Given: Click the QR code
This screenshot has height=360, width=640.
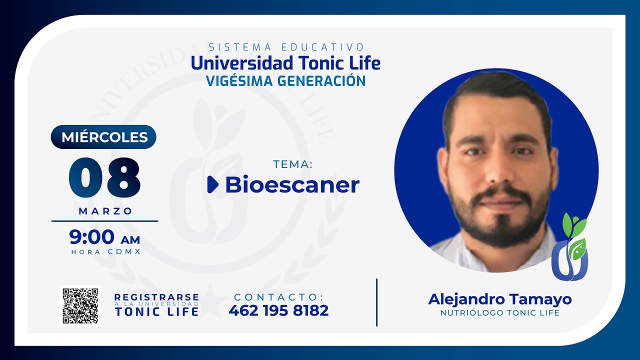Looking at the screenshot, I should pyautogui.click(x=80, y=305).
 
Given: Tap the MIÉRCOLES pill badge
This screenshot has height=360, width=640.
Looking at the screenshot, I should pyautogui.click(x=103, y=137).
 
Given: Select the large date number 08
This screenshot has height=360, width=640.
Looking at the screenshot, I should pyautogui.click(x=104, y=177).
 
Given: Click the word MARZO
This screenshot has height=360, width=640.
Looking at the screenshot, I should pyautogui.click(x=105, y=211).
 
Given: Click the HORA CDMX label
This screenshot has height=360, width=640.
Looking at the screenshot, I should pyautogui.click(x=105, y=252).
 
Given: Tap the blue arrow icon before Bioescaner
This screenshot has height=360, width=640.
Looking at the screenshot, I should pyautogui.click(x=212, y=184).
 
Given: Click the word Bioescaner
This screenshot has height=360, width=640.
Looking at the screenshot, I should pyautogui.click(x=292, y=184).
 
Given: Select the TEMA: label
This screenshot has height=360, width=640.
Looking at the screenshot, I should pyautogui.click(x=292, y=164).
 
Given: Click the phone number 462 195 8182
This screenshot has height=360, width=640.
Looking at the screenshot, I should pyautogui.click(x=278, y=310).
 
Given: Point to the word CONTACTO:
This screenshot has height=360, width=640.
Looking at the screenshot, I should pyautogui.click(x=278, y=297).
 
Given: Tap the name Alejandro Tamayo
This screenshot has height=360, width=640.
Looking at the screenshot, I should pyautogui.click(x=499, y=299).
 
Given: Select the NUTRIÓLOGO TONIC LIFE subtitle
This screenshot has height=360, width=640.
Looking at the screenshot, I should pyautogui.click(x=499, y=313).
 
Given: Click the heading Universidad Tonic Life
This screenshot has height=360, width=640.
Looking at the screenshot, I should pyautogui.click(x=285, y=63).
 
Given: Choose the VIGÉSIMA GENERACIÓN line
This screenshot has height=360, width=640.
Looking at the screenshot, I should pyautogui.click(x=285, y=80).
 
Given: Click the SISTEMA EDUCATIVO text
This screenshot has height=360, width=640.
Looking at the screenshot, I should pyautogui.click(x=285, y=47).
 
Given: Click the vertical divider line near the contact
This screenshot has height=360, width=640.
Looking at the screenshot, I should pyautogui.click(x=376, y=302).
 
